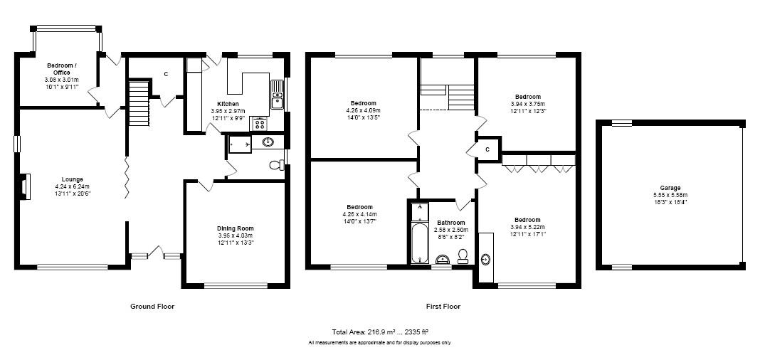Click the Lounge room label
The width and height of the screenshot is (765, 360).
72,179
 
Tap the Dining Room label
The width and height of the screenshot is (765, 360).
235,228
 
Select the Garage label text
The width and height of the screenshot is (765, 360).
670,188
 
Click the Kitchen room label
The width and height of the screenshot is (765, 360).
228,104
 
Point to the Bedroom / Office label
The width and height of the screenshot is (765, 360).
62,69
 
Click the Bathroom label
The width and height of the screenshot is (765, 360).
450,223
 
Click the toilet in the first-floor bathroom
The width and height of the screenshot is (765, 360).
463,256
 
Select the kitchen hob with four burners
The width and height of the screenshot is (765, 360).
259,124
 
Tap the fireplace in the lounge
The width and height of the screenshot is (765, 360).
26,186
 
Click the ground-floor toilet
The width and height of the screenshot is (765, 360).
277,165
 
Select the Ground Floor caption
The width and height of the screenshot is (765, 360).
152,307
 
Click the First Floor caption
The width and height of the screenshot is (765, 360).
443,307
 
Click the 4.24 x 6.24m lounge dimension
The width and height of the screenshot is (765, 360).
72,186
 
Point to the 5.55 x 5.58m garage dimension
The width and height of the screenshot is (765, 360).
670,195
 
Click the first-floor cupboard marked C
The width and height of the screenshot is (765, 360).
487,149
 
